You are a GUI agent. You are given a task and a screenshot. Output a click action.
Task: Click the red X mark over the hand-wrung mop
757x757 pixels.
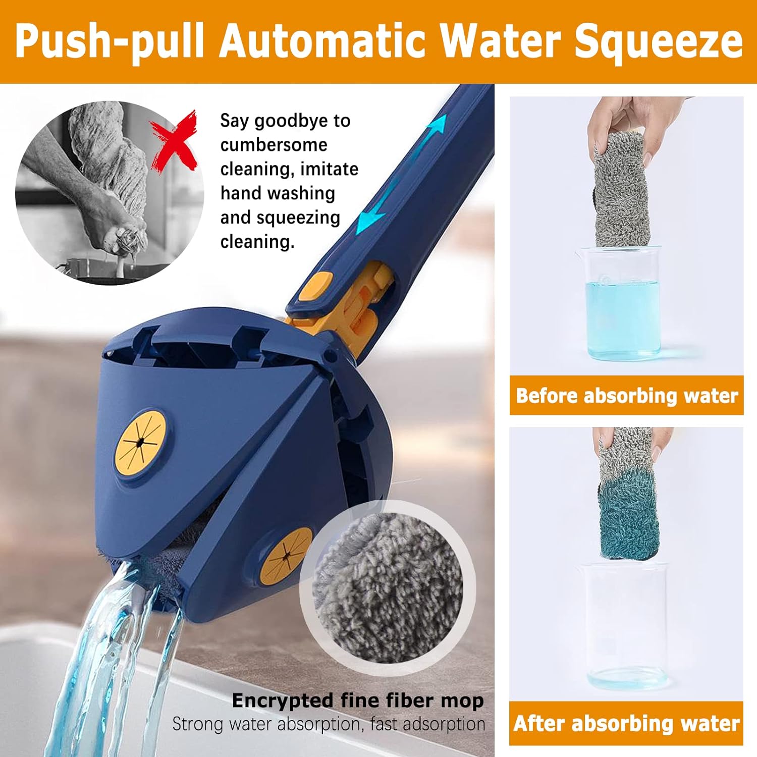(x=175, y=140)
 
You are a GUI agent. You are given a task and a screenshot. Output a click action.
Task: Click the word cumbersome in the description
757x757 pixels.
(x=274, y=145)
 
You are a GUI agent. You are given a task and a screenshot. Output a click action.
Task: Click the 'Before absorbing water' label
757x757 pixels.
(x=626, y=396)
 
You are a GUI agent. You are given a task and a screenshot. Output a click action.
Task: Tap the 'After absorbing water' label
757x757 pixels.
(x=626, y=723)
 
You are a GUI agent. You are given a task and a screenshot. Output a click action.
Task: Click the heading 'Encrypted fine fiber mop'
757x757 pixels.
(x=358, y=701)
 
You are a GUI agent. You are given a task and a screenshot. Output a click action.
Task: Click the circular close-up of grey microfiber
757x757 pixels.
(x=388, y=588)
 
